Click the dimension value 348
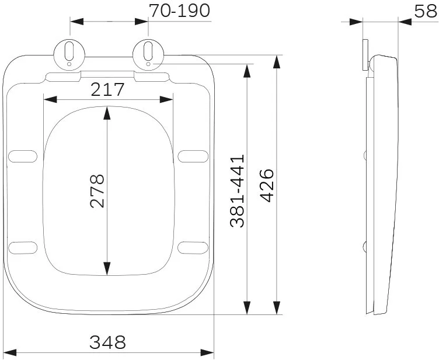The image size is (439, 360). [x=107, y=342]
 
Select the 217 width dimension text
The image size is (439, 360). [x=107, y=89]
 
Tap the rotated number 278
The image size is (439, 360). [x=97, y=191]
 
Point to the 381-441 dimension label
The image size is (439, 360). [x=237, y=191]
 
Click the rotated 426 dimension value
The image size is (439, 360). [x=267, y=185]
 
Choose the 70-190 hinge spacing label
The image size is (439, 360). [x=179, y=11]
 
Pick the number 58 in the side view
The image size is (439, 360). [x=426, y=11]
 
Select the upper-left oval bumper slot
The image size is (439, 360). [x=23, y=156]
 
